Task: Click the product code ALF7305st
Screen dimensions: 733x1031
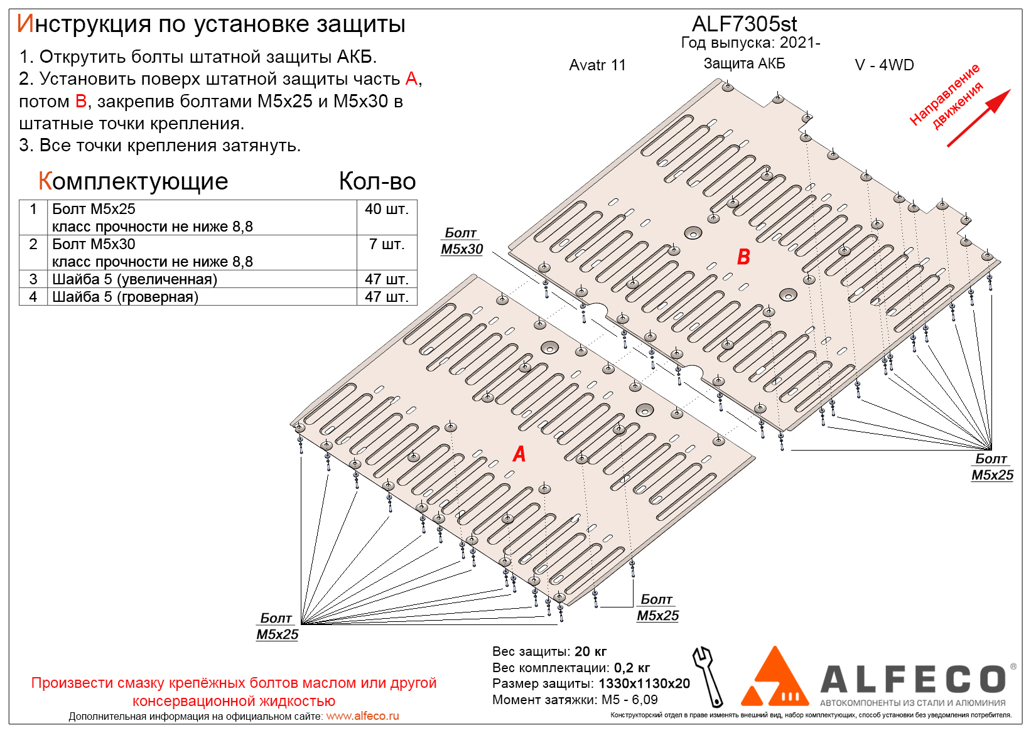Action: click(x=744, y=24)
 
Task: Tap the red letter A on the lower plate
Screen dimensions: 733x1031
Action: click(x=519, y=454)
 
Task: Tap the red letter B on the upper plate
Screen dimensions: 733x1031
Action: click(x=743, y=257)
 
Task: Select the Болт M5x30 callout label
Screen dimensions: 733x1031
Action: click(x=462, y=242)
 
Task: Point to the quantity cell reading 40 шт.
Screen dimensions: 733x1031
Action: click(x=386, y=209)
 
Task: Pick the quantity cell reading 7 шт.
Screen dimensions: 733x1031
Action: click(x=386, y=244)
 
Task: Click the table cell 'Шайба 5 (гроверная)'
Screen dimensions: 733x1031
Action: click(x=125, y=297)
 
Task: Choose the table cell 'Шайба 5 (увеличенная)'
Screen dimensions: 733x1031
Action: click(x=134, y=279)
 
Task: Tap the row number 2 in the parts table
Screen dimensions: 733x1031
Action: click(x=33, y=244)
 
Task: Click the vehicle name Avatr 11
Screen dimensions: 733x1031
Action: click(x=597, y=65)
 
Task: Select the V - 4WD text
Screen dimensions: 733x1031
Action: click(x=884, y=65)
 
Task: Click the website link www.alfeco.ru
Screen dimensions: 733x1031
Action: click(x=362, y=716)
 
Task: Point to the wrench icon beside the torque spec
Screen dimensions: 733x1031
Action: click(x=707, y=677)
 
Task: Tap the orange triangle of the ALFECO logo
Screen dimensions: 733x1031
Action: click(x=775, y=678)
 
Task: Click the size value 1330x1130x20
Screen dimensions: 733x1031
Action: click(x=644, y=683)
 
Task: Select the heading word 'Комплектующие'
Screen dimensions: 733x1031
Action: click(x=133, y=181)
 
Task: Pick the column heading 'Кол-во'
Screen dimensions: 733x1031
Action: click(x=377, y=181)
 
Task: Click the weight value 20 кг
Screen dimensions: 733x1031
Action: click(x=590, y=651)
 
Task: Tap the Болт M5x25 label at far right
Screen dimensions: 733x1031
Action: click(x=992, y=468)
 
